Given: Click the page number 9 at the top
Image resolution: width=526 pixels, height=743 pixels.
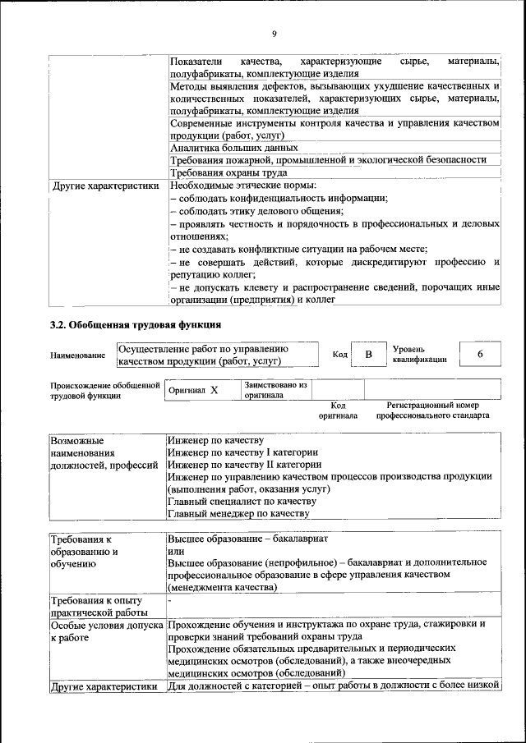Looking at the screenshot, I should tap(274, 34).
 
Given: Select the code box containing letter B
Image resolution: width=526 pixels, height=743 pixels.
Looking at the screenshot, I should tap(369, 355).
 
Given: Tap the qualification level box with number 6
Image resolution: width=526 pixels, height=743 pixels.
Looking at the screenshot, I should tap(479, 354).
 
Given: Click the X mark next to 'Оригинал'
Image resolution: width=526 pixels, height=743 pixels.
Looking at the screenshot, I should tap(214, 391).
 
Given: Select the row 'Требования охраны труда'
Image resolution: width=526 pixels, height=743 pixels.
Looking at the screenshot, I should tap(228, 173).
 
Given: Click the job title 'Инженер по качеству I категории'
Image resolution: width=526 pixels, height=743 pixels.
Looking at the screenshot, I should tap(242, 452).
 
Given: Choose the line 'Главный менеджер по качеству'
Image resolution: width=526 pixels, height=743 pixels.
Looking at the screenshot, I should tap(238, 513).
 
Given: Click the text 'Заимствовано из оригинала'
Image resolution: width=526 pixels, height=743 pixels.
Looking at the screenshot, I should tap(275, 389).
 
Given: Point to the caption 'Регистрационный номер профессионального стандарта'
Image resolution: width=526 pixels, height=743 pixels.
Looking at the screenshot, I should tap(432, 410).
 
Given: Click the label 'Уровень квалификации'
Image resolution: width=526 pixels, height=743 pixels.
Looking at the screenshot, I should tap(419, 354).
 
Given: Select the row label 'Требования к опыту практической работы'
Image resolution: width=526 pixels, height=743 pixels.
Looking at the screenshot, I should tap(99, 606).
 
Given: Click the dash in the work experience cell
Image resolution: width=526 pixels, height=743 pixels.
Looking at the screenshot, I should tap(169, 601).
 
